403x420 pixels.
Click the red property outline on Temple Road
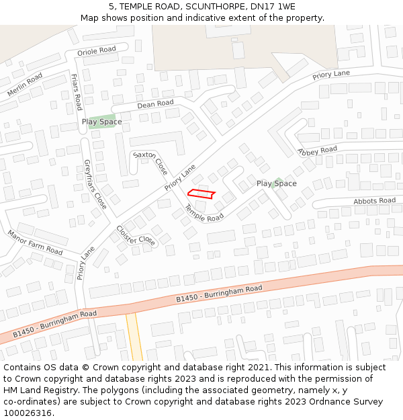click(x=201, y=194)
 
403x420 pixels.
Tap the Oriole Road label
click(x=97, y=50)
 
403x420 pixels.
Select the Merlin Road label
click(x=25, y=85)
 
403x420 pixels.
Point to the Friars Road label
click(x=77, y=91)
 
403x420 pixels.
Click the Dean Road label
click(x=155, y=103)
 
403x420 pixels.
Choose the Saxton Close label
click(x=150, y=163)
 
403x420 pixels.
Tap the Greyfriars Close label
click(x=95, y=183)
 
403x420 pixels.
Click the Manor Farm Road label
click(x=35, y=243)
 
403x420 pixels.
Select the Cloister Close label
click(x=136, y=235)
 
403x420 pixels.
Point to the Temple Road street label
click(x=204, y=214)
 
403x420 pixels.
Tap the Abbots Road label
click(x=374, y=201)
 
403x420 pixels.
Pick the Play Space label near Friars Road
click(x=102, y=122)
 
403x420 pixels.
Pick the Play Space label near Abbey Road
click(x=276, y=183)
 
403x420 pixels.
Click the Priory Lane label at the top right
click(x=331, y=75)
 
